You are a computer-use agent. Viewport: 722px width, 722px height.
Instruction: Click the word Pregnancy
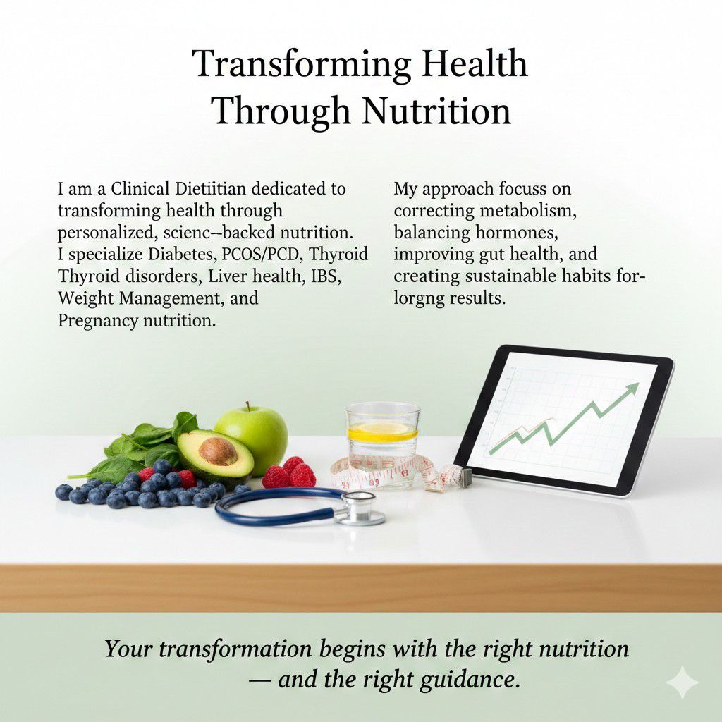99,320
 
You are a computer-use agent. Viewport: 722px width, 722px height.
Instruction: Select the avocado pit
219,451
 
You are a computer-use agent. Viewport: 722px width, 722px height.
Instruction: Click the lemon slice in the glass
382,429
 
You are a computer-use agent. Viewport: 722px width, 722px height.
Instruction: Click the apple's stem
247,406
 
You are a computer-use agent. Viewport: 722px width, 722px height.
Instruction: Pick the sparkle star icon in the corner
682,682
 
